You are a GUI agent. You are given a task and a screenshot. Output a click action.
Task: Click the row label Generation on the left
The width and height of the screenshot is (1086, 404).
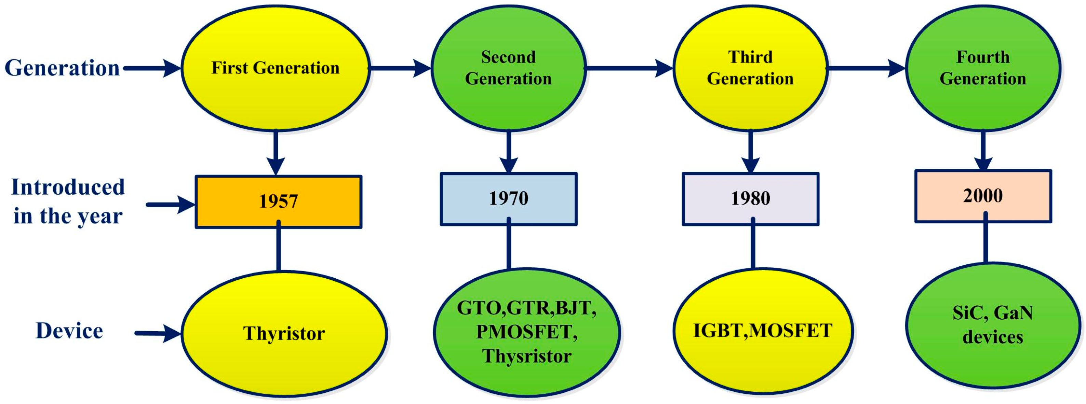pos(62,68)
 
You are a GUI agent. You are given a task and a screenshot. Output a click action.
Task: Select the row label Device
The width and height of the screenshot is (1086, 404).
pos(69,331)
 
